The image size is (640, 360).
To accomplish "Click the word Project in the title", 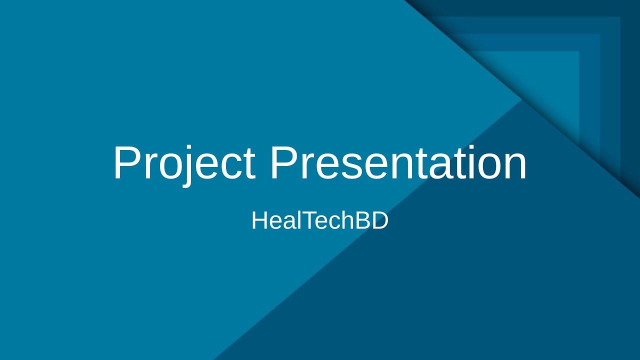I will point(183,163).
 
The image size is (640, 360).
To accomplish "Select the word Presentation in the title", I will point(398,163).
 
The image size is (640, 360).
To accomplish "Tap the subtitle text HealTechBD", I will point(320,220).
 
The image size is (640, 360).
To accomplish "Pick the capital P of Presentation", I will point(283,163).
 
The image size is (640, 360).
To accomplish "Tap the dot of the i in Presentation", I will point(466,148).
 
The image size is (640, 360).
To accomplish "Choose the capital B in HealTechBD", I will point(362,220).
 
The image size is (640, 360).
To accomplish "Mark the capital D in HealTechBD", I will point(379,220).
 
